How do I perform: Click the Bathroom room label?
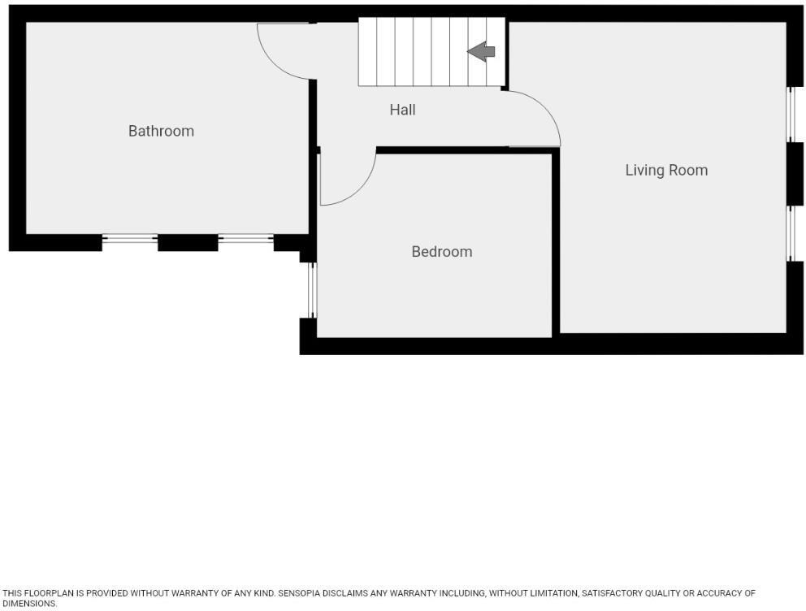161,131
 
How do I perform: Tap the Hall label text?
402,110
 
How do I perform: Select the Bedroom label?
441,252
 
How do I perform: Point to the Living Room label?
666,170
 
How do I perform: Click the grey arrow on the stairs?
482,52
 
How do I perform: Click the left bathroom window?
130,239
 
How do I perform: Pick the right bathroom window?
246,239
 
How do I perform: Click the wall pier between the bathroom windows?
188,242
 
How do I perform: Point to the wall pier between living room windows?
795,174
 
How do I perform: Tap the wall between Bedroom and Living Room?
556,244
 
